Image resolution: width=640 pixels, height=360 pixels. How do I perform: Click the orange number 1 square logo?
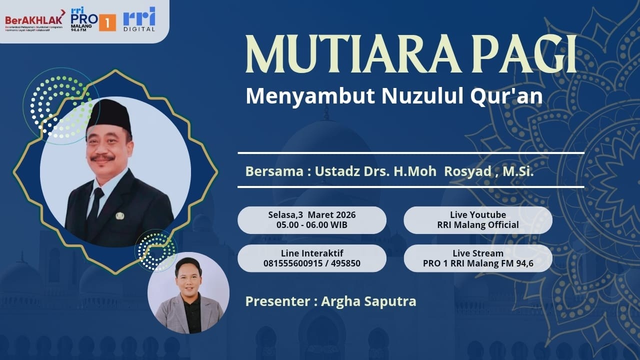pyautogui.click(x=107, y=22)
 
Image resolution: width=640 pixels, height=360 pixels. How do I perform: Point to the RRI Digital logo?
pyautogui.click(x=139, y=19)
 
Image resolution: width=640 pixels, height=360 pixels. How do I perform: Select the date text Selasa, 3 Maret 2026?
pyautogui.click(x=311, y=215)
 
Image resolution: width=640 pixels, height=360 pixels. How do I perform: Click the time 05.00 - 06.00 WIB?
pyautogui.click(x=311, y=225)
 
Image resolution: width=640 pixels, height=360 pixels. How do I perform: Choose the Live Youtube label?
pyautogui.click(x=477, y=215)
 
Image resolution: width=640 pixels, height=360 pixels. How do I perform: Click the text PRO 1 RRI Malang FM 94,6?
pyautogui.click(x=477, y=263)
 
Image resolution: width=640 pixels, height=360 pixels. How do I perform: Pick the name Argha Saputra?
pyautogui.click(x=368, y=301)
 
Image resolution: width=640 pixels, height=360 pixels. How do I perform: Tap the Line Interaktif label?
pyautogui.click(x=311, y=253)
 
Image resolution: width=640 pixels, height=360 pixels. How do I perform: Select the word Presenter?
pyautogui.click(x=277, y=301)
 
